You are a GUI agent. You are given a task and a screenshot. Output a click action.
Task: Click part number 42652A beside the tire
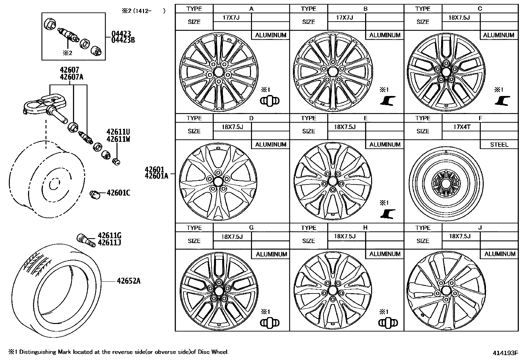click(x=129, y=281)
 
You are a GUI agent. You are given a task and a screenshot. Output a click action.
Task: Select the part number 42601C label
click(x=118, y=193)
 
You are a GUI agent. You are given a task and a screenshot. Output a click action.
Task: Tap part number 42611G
click(x=109, y=236)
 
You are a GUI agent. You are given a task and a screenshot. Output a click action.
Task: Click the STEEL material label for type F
click(x=499, y=144)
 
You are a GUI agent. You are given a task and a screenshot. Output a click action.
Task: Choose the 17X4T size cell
click(x=461, y=127)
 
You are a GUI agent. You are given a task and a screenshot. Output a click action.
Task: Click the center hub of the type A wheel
click(x=219, y=72)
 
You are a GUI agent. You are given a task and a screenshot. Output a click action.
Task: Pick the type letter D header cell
click(x=251, y=118)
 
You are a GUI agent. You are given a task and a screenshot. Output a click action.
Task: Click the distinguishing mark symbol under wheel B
click(x=388, y=101)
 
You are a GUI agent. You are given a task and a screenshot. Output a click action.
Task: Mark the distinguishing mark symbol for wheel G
click(x=270, y=323)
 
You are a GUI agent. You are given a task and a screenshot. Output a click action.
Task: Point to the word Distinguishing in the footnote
click(x=38, y=352)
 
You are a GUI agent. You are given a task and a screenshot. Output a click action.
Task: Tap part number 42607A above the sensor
click(x=71, y=77)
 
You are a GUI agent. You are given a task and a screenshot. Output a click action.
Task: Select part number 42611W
click(x=118, y=139)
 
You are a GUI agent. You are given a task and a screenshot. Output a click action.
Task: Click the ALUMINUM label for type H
click(x=385, y=254)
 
